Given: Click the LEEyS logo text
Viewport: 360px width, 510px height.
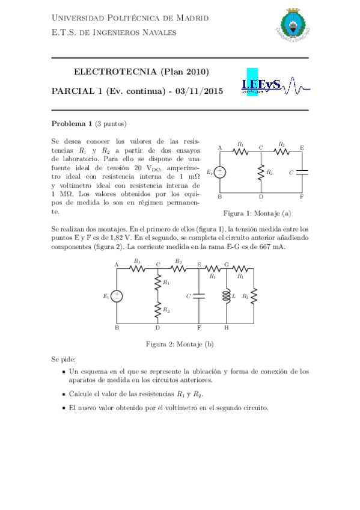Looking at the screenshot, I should click(x=261, y=85).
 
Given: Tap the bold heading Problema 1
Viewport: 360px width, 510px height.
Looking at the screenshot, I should click(x=72, y=124).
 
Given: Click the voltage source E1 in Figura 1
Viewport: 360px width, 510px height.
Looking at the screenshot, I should click(x=221, y=173).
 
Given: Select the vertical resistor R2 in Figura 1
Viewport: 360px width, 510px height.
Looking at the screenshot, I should click(x=261, y=173).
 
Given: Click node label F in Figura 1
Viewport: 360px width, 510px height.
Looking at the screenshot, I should click(x=302, y=197).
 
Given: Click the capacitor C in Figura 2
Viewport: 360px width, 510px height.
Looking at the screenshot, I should click(x=199, y=296).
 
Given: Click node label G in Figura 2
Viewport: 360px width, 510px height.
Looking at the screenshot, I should click(x=226, y=264).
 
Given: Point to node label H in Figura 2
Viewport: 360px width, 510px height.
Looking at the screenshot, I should click(x=226, y=328).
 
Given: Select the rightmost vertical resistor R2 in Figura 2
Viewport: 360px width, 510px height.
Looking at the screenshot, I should click(x=254, y=296).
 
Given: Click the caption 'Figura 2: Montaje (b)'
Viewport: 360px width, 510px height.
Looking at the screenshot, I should click(x=180, y=344).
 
